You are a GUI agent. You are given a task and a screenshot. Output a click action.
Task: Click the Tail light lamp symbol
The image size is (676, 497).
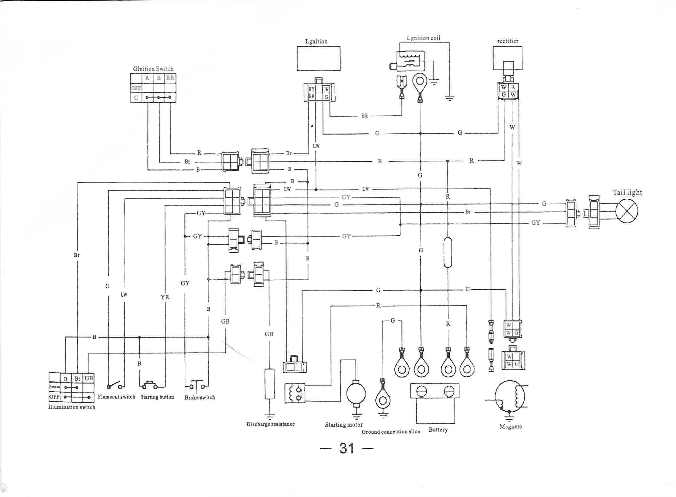point(627,211)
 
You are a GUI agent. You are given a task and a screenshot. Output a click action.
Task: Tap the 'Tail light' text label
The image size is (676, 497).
point(627,192)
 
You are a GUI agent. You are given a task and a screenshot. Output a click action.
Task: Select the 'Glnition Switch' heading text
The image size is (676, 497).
point(153,69)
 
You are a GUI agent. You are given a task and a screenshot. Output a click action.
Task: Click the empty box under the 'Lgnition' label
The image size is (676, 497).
point(318,58)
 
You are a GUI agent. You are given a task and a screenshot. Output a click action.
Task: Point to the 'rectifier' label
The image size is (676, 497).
point(508,41)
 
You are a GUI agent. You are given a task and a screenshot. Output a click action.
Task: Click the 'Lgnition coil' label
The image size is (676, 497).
point(423,38)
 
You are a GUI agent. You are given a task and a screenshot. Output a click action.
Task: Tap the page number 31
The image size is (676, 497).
point(347,448)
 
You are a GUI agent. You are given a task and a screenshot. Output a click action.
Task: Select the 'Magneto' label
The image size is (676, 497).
point(510,426)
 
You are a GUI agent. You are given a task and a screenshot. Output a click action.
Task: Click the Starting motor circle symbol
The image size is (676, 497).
point(356,393)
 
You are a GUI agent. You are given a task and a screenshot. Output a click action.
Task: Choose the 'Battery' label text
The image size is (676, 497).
point(438,430)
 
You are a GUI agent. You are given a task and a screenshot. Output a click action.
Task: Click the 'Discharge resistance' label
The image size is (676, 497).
point(270,424)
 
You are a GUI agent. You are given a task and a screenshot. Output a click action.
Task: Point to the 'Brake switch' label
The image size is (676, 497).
point(200,398)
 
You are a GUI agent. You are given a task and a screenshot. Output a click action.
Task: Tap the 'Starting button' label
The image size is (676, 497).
point(157,397)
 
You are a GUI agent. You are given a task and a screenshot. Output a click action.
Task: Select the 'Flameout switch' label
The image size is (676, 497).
point(116,397)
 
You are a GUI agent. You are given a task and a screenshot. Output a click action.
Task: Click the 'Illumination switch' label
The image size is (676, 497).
point(72,407)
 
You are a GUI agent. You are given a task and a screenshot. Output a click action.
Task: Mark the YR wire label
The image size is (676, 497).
point(165,297)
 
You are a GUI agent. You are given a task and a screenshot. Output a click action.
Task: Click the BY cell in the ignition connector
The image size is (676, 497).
point(311,89)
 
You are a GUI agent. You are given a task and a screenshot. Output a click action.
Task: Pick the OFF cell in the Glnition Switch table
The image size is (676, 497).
point(136,88)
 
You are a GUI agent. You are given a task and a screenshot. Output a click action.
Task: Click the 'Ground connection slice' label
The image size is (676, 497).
point(391,432)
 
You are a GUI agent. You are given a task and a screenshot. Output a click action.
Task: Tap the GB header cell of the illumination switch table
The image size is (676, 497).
point(89,378)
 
